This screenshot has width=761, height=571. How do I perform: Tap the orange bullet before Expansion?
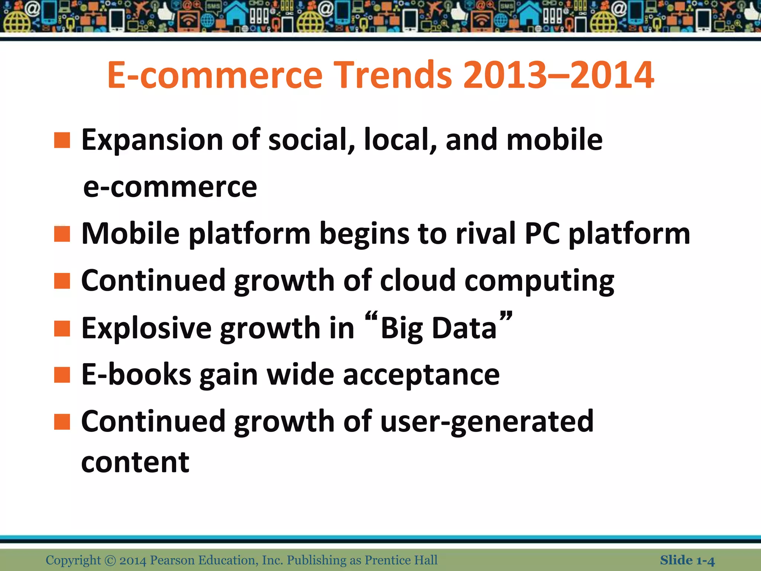pos(62,141)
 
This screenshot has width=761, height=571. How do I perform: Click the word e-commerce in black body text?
pos(170,187)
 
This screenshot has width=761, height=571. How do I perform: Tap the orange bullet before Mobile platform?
pos(62,234)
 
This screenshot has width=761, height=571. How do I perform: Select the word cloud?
pos(418,281)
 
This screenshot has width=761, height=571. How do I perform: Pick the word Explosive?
pos(146,329)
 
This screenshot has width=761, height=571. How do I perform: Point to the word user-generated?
pos(487,422)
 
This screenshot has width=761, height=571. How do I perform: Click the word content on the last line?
pos(135,462)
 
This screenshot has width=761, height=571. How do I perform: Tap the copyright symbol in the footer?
pos(110,560)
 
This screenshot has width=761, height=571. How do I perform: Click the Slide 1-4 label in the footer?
pos(687,560)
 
